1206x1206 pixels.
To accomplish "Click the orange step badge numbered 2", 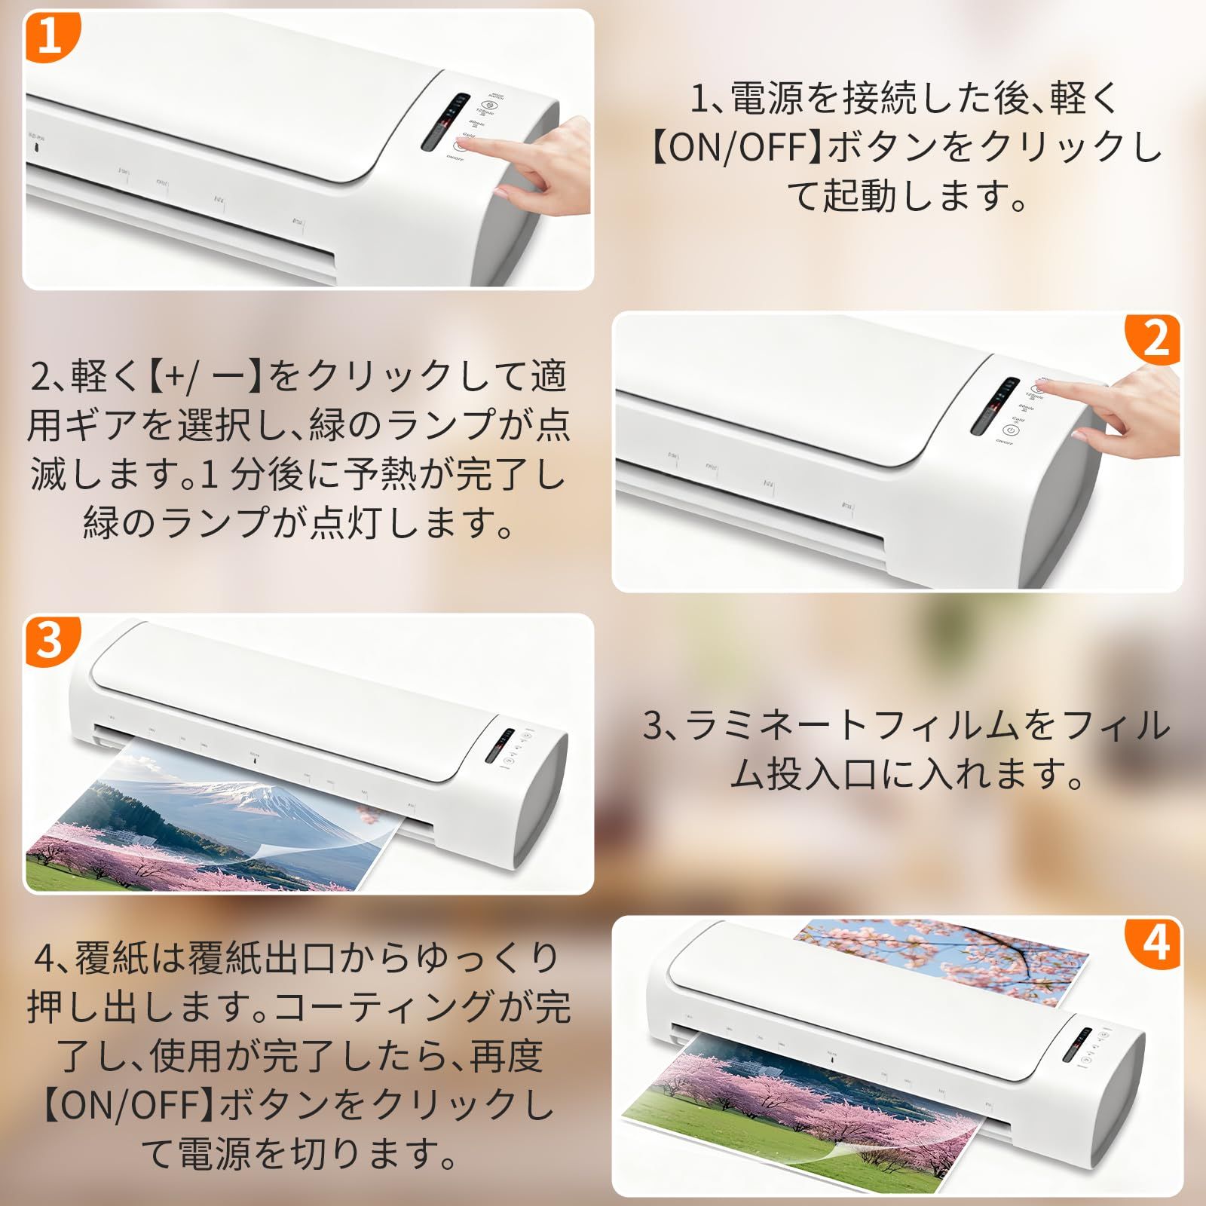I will [1154, 338].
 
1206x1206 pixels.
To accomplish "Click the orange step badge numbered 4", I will [1154, 942].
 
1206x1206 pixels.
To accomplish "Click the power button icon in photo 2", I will [1012, 430].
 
